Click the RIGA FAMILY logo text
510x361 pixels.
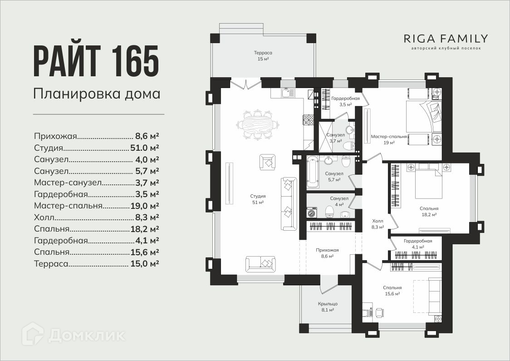click(446, 39)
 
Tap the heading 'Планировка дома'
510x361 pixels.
click(97, 94)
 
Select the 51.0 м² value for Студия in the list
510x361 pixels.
click(144, 148)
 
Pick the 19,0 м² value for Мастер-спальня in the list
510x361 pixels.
click(145, 206)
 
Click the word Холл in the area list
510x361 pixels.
click(44, 218)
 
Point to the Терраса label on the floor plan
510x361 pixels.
click(263, 53)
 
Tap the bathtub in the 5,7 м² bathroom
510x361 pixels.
click(312, 172)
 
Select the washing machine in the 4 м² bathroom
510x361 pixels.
click(313, 213)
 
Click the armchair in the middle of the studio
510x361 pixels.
click(267, 162)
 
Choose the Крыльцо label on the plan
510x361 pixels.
click(328, 304)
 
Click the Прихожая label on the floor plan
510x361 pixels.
click(327, 250)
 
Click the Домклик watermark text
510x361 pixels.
click(87, 335)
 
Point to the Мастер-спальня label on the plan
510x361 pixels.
click(389, 137)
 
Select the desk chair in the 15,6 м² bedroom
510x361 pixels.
click(379, 312)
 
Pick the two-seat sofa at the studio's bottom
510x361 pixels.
click(260, 264)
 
